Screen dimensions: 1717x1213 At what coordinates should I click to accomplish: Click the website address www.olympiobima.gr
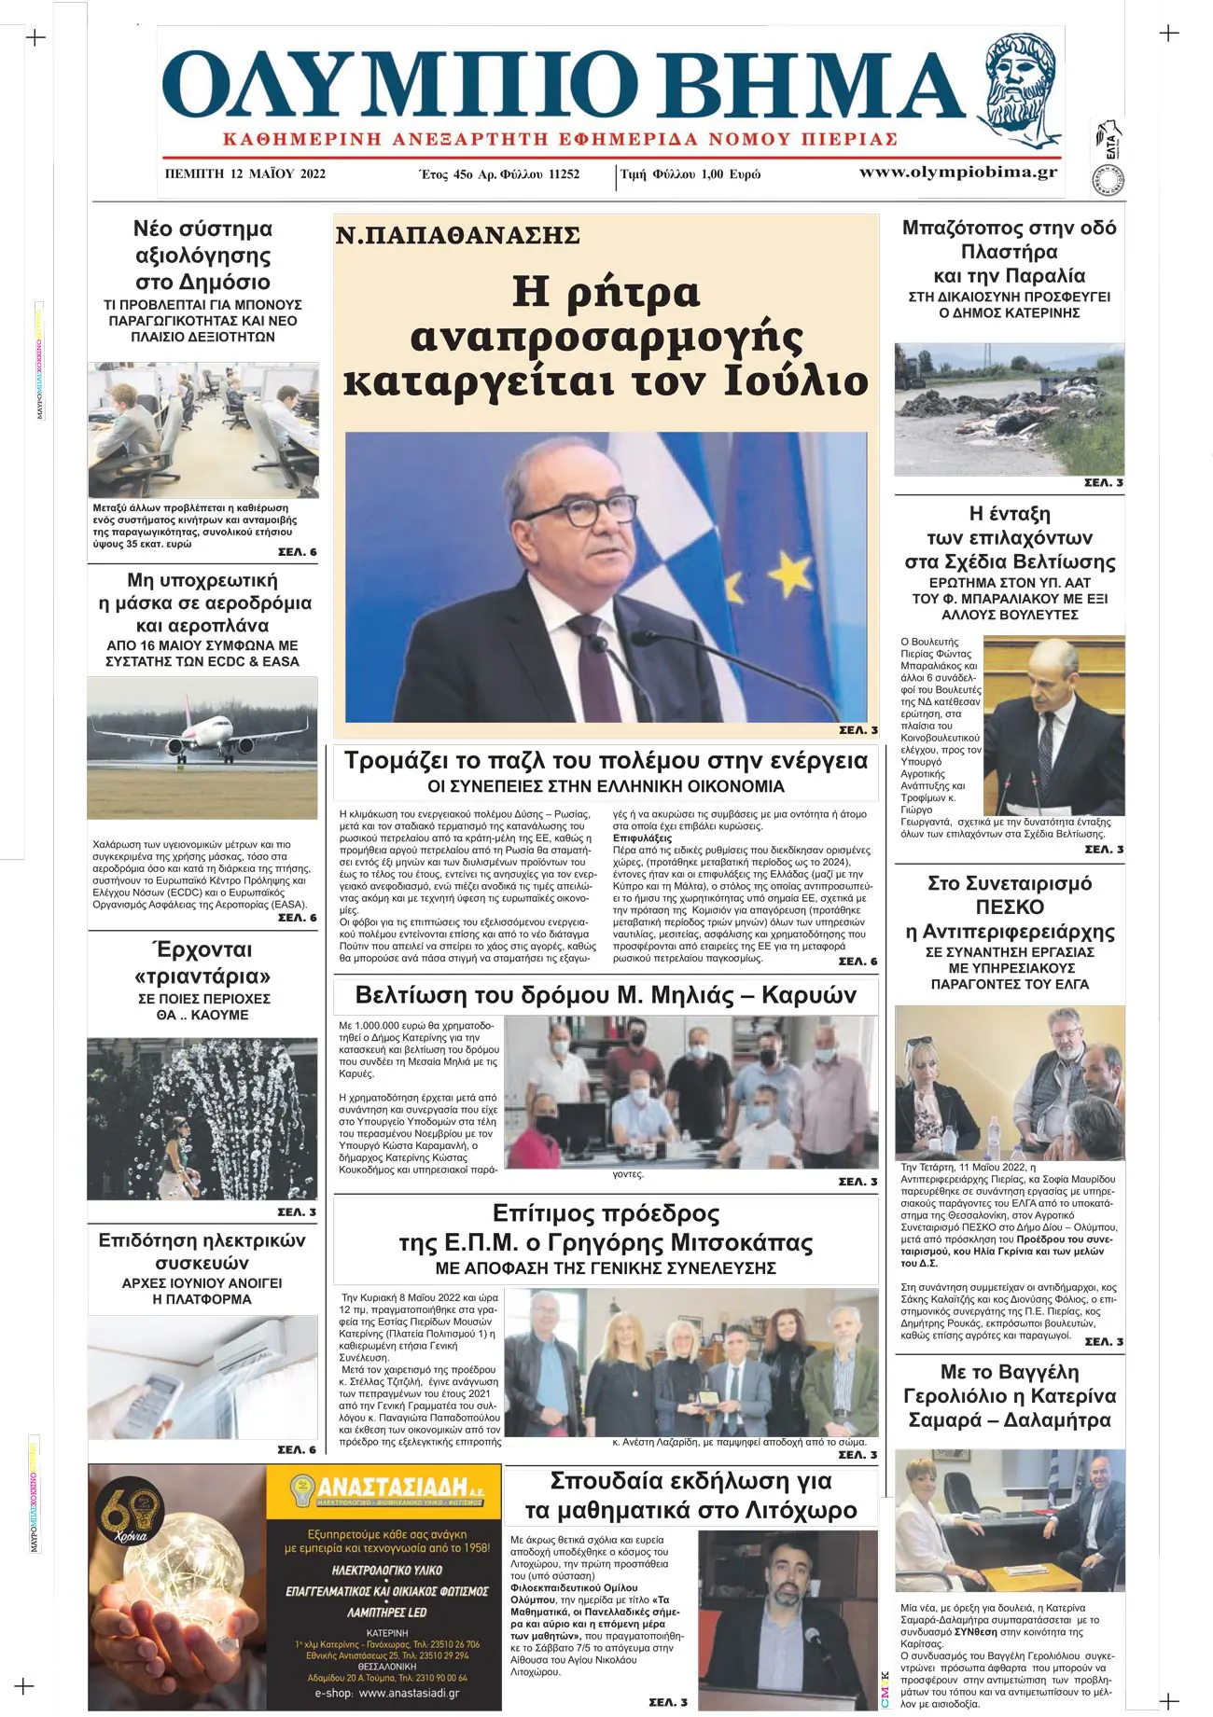tap(957, 172)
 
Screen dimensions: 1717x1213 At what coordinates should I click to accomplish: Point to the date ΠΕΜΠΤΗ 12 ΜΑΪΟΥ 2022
tap(244, 173)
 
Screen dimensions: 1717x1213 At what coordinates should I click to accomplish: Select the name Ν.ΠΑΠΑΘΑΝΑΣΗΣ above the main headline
tap(457, 235)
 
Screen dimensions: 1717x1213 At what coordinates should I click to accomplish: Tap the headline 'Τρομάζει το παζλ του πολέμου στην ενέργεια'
tap(606, 760)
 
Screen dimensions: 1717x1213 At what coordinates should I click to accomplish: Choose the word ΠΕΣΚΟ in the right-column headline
tap(1009, 907)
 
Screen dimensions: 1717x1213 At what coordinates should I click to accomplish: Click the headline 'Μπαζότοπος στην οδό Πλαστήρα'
tap(1009, 240)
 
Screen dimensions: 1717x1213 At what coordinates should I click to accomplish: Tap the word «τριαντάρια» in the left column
tap(202, 976)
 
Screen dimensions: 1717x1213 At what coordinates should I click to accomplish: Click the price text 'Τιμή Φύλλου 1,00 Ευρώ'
tap(690, 174)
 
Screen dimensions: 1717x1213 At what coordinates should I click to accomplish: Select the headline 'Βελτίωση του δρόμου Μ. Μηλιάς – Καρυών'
tap(606, 995)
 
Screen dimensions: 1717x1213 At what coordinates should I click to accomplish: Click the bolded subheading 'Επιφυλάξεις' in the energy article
tap(642, 838)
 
